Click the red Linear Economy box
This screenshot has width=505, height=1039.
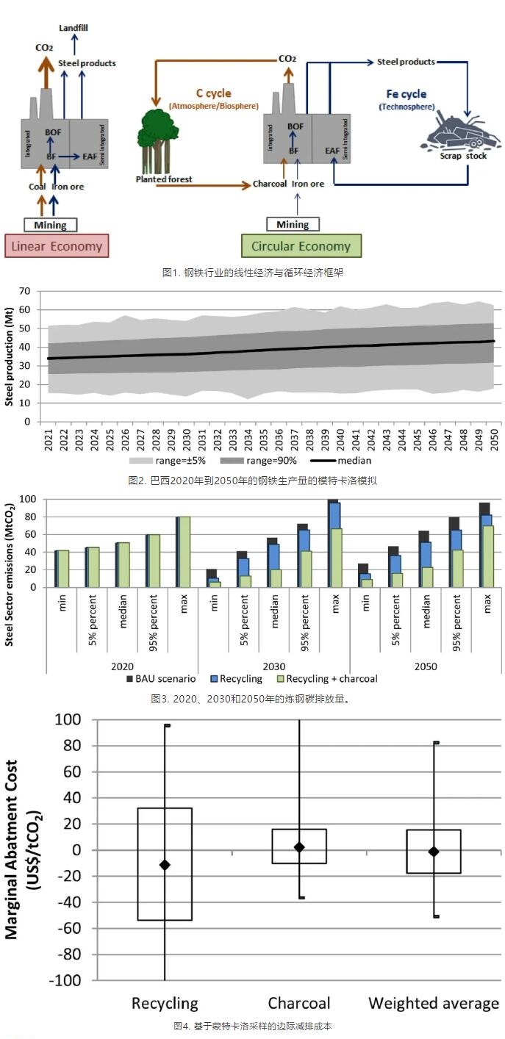coord(57,246)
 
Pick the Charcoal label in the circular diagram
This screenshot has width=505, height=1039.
coord(269,184)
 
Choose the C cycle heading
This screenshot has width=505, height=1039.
coord(213,93)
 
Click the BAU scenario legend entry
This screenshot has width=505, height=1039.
coord(165,678)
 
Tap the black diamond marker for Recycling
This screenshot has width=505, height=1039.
coord(165,865)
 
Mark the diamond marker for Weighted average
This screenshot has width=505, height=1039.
coord(434,852)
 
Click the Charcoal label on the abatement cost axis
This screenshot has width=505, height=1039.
coord(298,1003)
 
